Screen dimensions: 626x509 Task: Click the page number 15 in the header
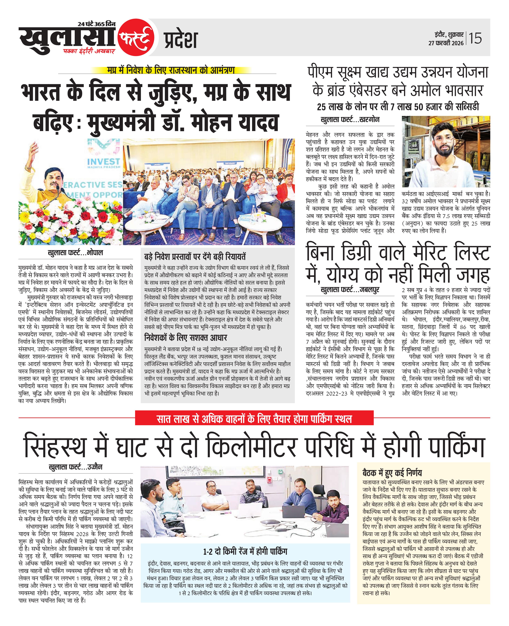(475, 38)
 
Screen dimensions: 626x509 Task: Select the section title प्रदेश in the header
(180, 40)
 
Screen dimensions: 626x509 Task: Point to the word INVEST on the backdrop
(104, 161)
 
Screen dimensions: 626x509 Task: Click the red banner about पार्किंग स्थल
(254, 419)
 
